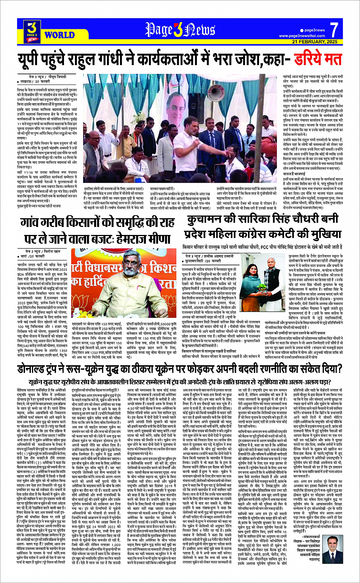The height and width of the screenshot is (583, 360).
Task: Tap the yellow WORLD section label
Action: (x=59, y=35)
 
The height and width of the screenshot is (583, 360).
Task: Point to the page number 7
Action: (x=334, y=30)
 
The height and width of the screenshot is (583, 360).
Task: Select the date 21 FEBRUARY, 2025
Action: (x=315, y=42)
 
